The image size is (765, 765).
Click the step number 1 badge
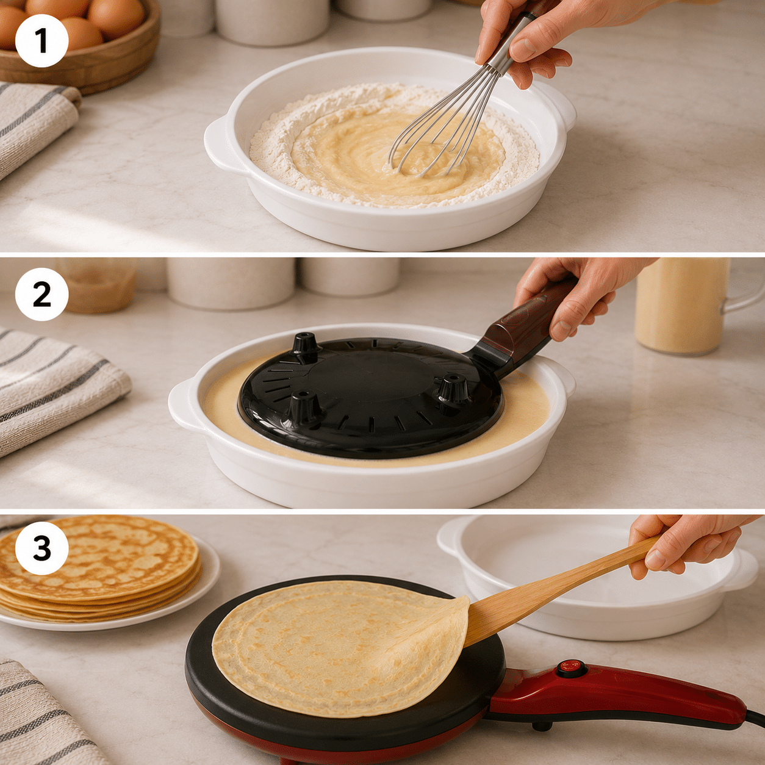pyautogui.click(x=41, y=41)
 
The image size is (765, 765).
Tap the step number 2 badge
pyautogui.click(x=41, y=294)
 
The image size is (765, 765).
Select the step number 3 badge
pyautogui.click(x=41, y=548)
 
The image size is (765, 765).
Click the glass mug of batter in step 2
pyautogui.click(x=691, y=306)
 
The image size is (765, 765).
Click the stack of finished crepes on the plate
pyautogui.click(x=99, y=568)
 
